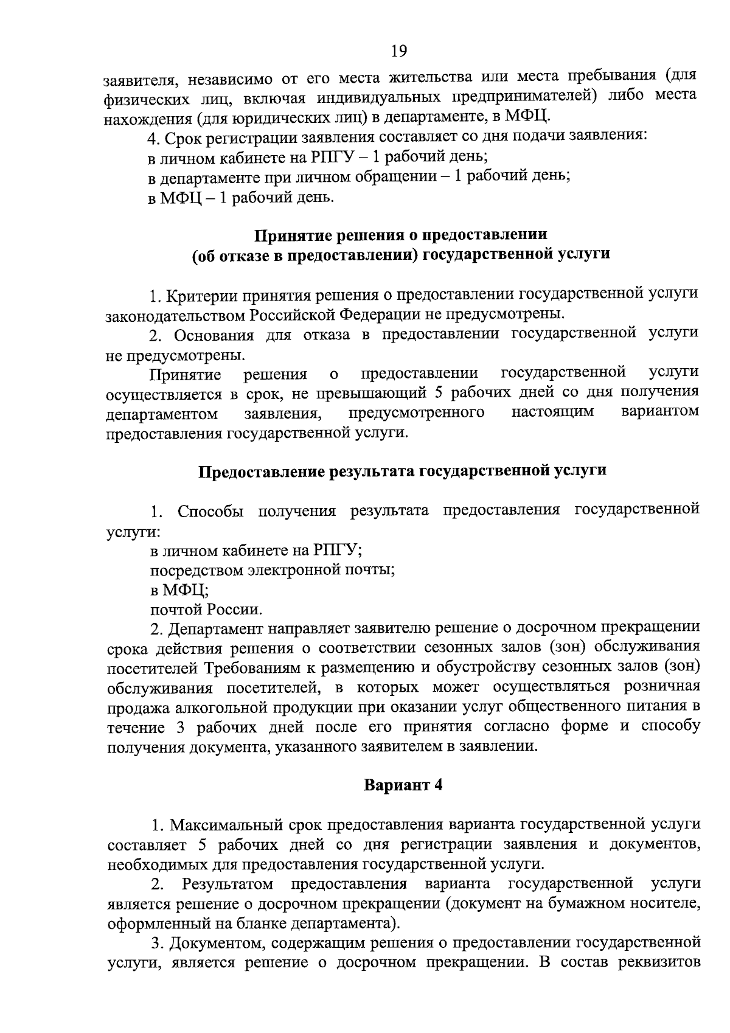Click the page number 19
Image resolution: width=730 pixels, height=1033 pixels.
pos(398,51)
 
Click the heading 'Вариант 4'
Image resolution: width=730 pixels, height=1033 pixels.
pos(403,785)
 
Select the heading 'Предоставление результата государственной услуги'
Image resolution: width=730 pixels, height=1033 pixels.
pos(403,471)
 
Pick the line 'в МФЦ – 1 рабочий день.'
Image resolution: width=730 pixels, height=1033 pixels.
pos(242,197)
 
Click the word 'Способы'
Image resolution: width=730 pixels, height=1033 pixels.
pos(210,510)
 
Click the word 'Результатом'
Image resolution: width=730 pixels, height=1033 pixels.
pos(228,883)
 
